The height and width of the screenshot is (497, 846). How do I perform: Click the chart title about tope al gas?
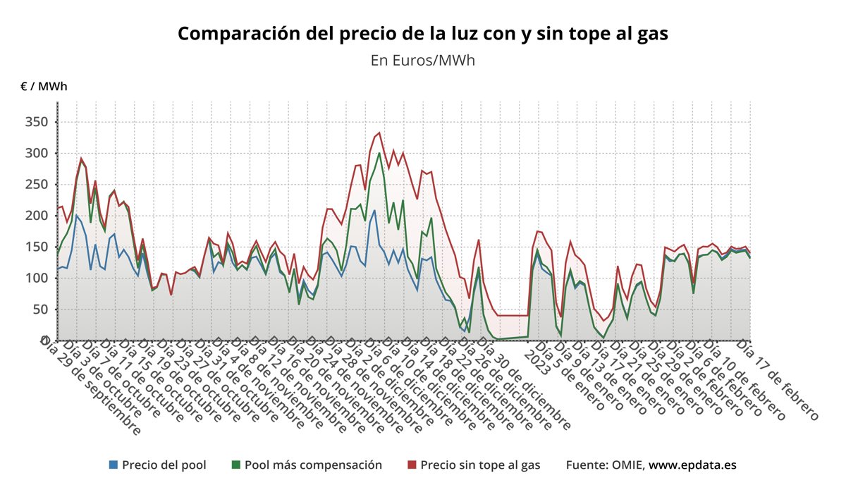click(422, 34)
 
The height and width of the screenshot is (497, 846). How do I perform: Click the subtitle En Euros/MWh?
click(422, 60)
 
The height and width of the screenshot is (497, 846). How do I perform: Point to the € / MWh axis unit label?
click(44, 87)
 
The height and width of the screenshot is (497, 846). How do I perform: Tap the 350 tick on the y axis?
click(36, 122)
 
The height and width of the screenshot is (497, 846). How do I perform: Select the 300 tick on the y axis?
click(36, 153)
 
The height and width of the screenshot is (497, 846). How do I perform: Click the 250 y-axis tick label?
click(36, 184)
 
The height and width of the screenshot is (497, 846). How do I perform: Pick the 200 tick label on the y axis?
click(36, 215)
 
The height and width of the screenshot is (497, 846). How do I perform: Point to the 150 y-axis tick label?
click(36, 247)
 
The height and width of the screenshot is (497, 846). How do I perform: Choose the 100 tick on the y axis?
click(36, 278)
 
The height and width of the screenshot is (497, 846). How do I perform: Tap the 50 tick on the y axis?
click(39, 309)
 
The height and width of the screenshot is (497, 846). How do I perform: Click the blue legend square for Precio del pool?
click(114, 465)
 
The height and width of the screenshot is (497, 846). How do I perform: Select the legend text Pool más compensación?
click(313, 465)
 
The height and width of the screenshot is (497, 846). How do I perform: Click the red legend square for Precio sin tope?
click(412, 465)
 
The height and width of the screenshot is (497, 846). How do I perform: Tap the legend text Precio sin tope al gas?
click(480, 465)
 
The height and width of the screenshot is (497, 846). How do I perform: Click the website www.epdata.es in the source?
click(692, 465)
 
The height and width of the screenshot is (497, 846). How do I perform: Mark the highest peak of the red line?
click(379, 133)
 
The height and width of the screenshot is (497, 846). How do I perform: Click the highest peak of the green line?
click(379, 153)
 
